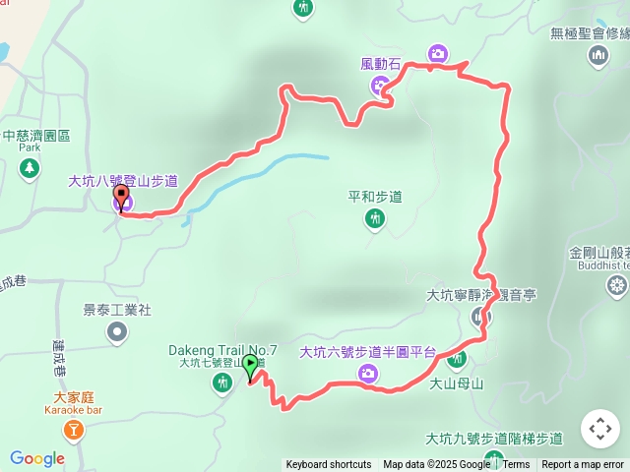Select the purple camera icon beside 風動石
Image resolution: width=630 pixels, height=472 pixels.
(x=379, y=87)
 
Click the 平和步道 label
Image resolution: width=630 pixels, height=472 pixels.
(x=375, y=196)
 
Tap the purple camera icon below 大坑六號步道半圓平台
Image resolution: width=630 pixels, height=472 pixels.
(x=367, y=373)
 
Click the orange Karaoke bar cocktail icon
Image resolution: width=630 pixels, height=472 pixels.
(x=72, y=429)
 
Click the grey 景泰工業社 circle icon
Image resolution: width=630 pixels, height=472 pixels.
(x=117, y=332)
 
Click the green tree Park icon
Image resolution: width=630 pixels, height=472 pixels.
(x=31, y=168)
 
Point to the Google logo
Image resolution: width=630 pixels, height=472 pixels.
(x=36, y=458)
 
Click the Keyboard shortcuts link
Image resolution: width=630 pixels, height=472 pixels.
(x=329, y=465)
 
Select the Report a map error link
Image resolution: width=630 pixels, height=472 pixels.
(x=584, y=465)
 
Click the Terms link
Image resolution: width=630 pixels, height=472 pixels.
(x=516, y=465)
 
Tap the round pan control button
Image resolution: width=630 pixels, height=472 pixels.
(x=599, y=430)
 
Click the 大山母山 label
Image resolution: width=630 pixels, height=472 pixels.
(x=457, y=384)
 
